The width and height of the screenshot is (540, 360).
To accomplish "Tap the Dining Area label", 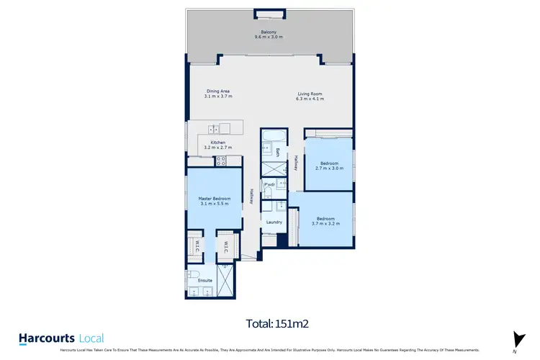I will coord(219,91).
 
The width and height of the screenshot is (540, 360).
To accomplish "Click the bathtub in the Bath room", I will coord(274,137).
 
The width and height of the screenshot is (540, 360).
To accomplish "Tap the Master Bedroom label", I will coord(215,198).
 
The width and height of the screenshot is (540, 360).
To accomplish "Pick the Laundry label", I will coord(274,222).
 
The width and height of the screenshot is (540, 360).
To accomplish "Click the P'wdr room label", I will coord(270,185).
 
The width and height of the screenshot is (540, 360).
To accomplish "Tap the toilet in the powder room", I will coord(266,192).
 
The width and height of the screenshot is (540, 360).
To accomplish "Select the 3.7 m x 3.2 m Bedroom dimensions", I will coord(325,224).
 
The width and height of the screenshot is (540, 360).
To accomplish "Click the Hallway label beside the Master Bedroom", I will coord(251,196).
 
